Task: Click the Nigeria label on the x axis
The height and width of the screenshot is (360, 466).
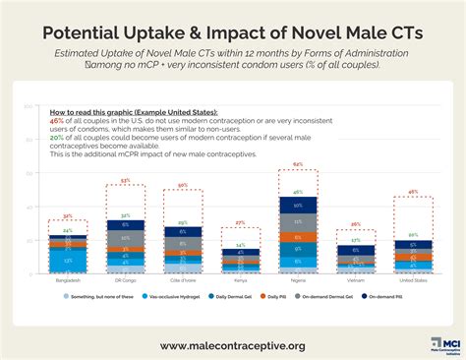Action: pyautogui.click(x=297, y=278)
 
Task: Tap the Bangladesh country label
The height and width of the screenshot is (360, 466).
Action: pyautogui.click(x=62, y=278)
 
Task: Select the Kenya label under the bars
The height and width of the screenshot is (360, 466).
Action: pyautogui.click(x=239, y=278)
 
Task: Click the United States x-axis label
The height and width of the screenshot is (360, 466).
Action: pyautogui.click(x=413, y=278)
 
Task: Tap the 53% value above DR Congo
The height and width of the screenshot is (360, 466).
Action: pyautogui.click(x=125, y=180)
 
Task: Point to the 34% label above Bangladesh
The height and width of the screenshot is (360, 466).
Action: pyautogui.click(x=66, y=215)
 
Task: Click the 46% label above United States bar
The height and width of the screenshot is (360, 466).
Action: pyautogui.click(x=413, y=192)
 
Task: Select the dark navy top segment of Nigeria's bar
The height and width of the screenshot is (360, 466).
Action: pyautogui.click(x=297, y=206)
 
